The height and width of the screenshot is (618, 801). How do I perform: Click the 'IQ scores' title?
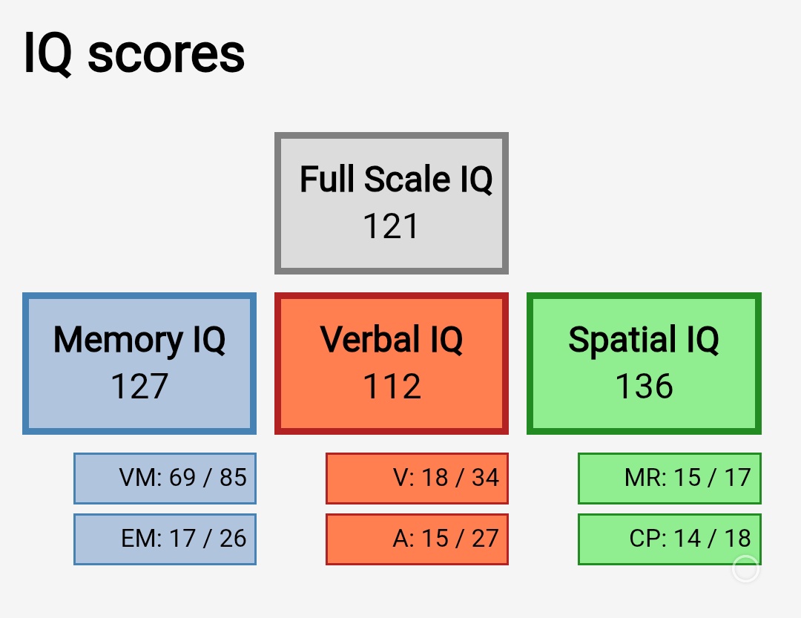134,53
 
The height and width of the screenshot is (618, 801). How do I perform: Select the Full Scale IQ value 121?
391,226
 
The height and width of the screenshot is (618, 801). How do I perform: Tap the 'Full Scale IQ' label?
396,180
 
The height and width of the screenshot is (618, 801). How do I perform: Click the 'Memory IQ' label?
139,340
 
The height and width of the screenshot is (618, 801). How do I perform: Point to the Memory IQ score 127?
139,386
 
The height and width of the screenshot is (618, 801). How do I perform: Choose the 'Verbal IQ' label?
392,339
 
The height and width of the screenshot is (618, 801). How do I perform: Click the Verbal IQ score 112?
392,386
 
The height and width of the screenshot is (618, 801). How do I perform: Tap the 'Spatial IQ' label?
644,340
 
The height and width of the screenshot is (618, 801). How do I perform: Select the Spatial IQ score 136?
644,386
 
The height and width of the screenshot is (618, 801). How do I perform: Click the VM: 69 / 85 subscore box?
165,479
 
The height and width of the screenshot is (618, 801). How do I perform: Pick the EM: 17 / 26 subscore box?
165,539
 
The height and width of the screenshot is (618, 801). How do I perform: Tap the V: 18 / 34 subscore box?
417,479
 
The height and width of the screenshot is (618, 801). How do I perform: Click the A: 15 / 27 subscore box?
417,539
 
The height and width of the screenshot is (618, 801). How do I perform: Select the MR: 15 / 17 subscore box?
670,479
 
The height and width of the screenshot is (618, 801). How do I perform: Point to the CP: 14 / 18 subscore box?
670,539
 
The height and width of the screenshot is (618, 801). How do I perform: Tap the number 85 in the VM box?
233,478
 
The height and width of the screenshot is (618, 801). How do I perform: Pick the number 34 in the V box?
485,478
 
